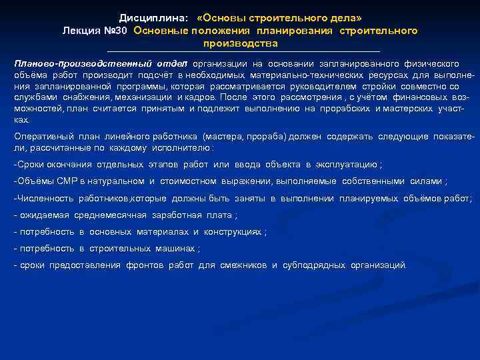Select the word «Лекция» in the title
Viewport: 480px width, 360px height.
pyautogui.click(x=79, y=31)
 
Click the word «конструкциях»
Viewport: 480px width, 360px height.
pyautogui.click(x=233, y=232)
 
